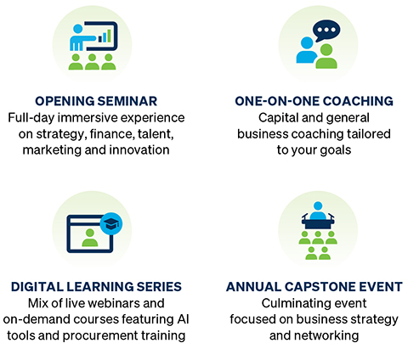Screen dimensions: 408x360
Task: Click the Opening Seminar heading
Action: point(96,101)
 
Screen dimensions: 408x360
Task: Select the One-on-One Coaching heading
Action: point(314,101)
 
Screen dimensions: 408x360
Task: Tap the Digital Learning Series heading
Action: point(96,287)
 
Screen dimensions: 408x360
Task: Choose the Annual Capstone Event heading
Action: point(314,287)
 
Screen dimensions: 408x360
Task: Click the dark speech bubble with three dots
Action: point(326,31)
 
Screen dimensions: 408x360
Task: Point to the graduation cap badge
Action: point(111,223)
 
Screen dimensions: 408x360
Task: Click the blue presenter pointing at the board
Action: point(81,37)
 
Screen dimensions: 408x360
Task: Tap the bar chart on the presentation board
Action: point(105,36)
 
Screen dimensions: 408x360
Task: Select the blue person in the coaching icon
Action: point(306,51)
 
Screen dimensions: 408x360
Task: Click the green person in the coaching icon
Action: point(326,57)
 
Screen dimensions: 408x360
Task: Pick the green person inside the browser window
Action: point(90,238)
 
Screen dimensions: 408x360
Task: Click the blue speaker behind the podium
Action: point(318,210)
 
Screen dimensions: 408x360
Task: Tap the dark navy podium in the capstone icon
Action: point(318,222)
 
